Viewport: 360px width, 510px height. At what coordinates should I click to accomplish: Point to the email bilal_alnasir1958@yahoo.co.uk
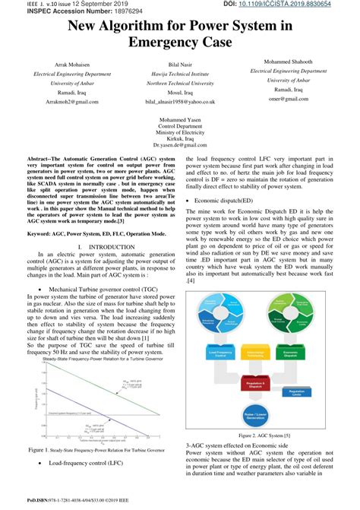click(x=180, y=100)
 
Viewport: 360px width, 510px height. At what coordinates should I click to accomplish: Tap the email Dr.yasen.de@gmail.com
click(x=180, y=144)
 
